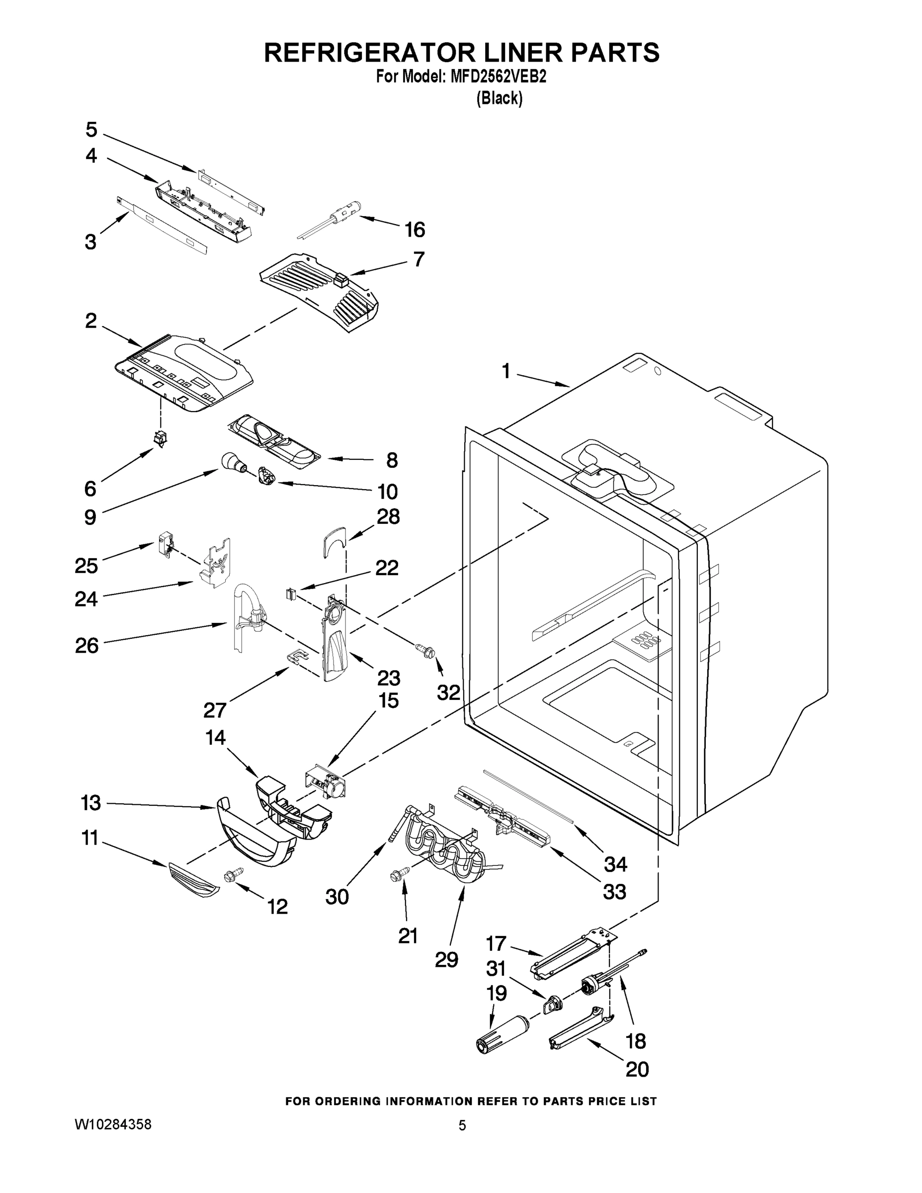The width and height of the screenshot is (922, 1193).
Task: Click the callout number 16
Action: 415,230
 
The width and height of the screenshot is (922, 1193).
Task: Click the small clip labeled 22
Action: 291,593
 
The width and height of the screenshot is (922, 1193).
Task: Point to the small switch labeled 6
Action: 160,437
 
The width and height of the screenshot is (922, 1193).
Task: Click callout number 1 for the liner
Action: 506,371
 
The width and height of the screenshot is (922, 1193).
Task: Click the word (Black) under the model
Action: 499,98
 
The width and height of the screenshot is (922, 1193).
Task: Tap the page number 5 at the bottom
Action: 462,1125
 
